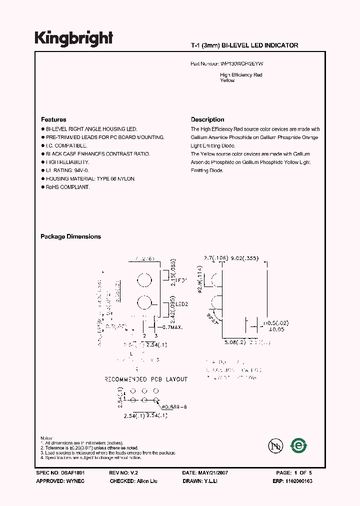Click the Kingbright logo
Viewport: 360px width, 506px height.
pos(74,38)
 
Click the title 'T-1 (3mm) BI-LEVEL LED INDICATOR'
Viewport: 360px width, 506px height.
pos(244,45)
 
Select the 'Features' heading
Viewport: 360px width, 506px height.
pos(53,120)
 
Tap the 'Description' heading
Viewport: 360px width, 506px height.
pos(207,120)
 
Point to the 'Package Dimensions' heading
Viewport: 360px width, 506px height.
pos(70,236)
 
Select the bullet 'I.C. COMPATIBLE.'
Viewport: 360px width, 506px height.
pos(66,145)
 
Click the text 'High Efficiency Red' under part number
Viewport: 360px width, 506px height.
pos(241,75)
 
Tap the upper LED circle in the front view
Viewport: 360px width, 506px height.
pos(144,280)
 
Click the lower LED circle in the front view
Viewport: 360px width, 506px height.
pos(144,303)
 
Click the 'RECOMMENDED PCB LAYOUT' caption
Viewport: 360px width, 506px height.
pos(146,379)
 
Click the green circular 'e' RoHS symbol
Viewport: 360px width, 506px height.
pos(299,444)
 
